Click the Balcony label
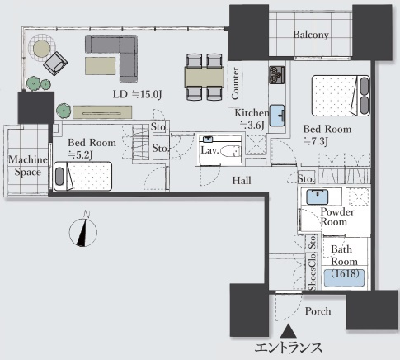[311, 35]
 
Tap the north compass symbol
[83, 230]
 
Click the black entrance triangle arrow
[288, 331]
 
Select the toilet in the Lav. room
[230, 151]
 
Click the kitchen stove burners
[277, 75]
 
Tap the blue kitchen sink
[277, 116]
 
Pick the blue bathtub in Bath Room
[344, 278]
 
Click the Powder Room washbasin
[318, 197]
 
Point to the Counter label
[235, 83]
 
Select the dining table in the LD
[205, 77]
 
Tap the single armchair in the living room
[55, 64]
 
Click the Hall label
[242, 181]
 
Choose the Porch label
[318, 311]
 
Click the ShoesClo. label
[313, 272]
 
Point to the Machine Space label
[28, 166]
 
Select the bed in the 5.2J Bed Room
[82, 176]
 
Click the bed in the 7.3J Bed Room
[341, 96]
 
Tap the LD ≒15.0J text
[137, 94]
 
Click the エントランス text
[289, 348]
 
